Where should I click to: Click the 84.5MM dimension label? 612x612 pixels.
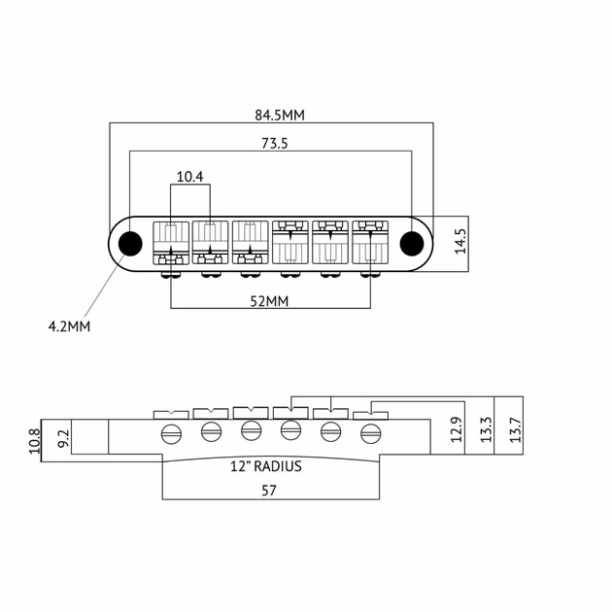[x=280, y=115]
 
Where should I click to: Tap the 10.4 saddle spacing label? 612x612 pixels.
[x=190, y=177]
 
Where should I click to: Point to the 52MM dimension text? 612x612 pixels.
[x=271, y=301]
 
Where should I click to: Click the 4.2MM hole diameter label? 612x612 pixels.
[x=69, y=326]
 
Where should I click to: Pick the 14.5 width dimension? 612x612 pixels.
[x=460, y=241]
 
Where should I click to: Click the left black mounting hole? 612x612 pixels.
[x=129, y=242]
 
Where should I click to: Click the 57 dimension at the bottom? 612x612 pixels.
[x=269, y=492]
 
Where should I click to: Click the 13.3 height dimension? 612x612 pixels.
[x=486, y=429]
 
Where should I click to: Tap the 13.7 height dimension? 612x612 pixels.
[x=515, y=429]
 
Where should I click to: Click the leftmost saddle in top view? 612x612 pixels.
[x=171, y=242]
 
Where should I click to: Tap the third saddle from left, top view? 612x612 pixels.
[x=251, y=242]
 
